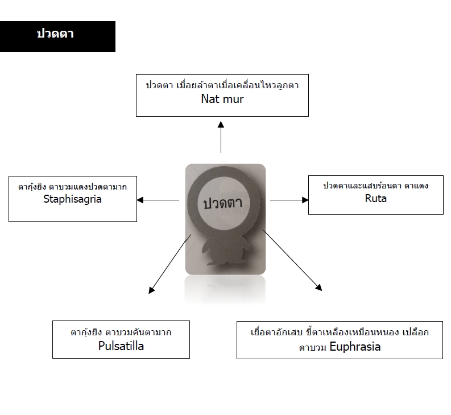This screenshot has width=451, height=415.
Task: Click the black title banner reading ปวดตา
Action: pos(57,36)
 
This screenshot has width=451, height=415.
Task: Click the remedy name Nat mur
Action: pos(222,99)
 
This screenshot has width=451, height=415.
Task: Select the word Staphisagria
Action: pos(72,199)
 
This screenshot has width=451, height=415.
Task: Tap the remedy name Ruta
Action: pos(375,198)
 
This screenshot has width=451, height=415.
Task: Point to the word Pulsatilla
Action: pos(121,346)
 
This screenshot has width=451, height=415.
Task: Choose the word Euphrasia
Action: pos(355,347)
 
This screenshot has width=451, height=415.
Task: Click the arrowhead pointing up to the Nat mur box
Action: pos(221,125)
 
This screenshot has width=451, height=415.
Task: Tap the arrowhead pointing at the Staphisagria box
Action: pos(140,200)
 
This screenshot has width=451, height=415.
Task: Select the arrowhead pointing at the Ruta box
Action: pos(305,200)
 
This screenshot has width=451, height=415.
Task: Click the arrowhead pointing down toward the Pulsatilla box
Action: pos(151,290)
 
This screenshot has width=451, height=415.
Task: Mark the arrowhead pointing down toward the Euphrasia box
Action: pos(318,287)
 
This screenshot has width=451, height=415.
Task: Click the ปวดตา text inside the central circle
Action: pos(223,203)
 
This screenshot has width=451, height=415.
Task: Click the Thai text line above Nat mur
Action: pos(222,85)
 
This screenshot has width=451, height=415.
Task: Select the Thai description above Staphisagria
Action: pos(72,187)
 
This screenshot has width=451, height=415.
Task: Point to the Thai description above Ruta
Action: pos(375,186)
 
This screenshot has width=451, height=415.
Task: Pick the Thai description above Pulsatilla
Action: pos(121,332)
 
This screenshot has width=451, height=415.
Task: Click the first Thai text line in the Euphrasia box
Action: pos(340,332)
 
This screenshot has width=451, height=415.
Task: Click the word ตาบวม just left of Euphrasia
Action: pos(313,348)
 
